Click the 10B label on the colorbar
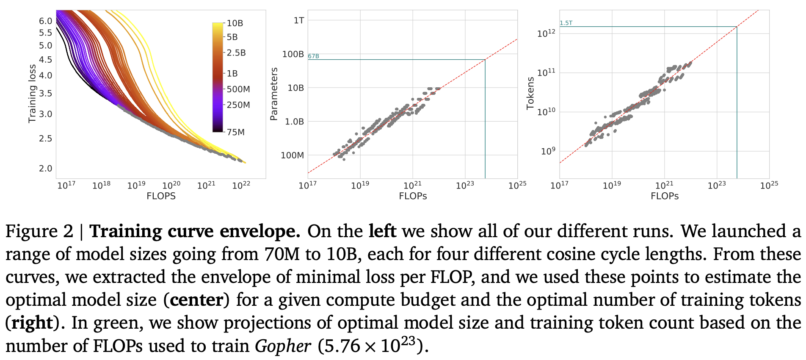coord(235,23)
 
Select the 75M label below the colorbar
coord(236,132)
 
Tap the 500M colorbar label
coord(238,89)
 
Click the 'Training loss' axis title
coord(32,94)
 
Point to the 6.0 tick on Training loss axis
coord(45,21)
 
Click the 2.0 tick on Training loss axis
coord(45,169)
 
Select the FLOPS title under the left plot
coord(161,196)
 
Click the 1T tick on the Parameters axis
coord(299,20)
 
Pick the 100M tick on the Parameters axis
coord(293,155)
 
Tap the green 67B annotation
coord(313,56)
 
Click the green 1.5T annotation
coord(566,23)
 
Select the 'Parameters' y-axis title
coord(274,94)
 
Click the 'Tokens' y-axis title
coord(530,94)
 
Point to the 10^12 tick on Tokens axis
coord(546,33)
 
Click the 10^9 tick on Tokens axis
coord(548,151)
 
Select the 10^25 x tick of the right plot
coord(769,185)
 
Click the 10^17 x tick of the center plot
coord(308,185)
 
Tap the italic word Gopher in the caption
coord(283,346)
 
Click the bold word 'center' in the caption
coord(196,300)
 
